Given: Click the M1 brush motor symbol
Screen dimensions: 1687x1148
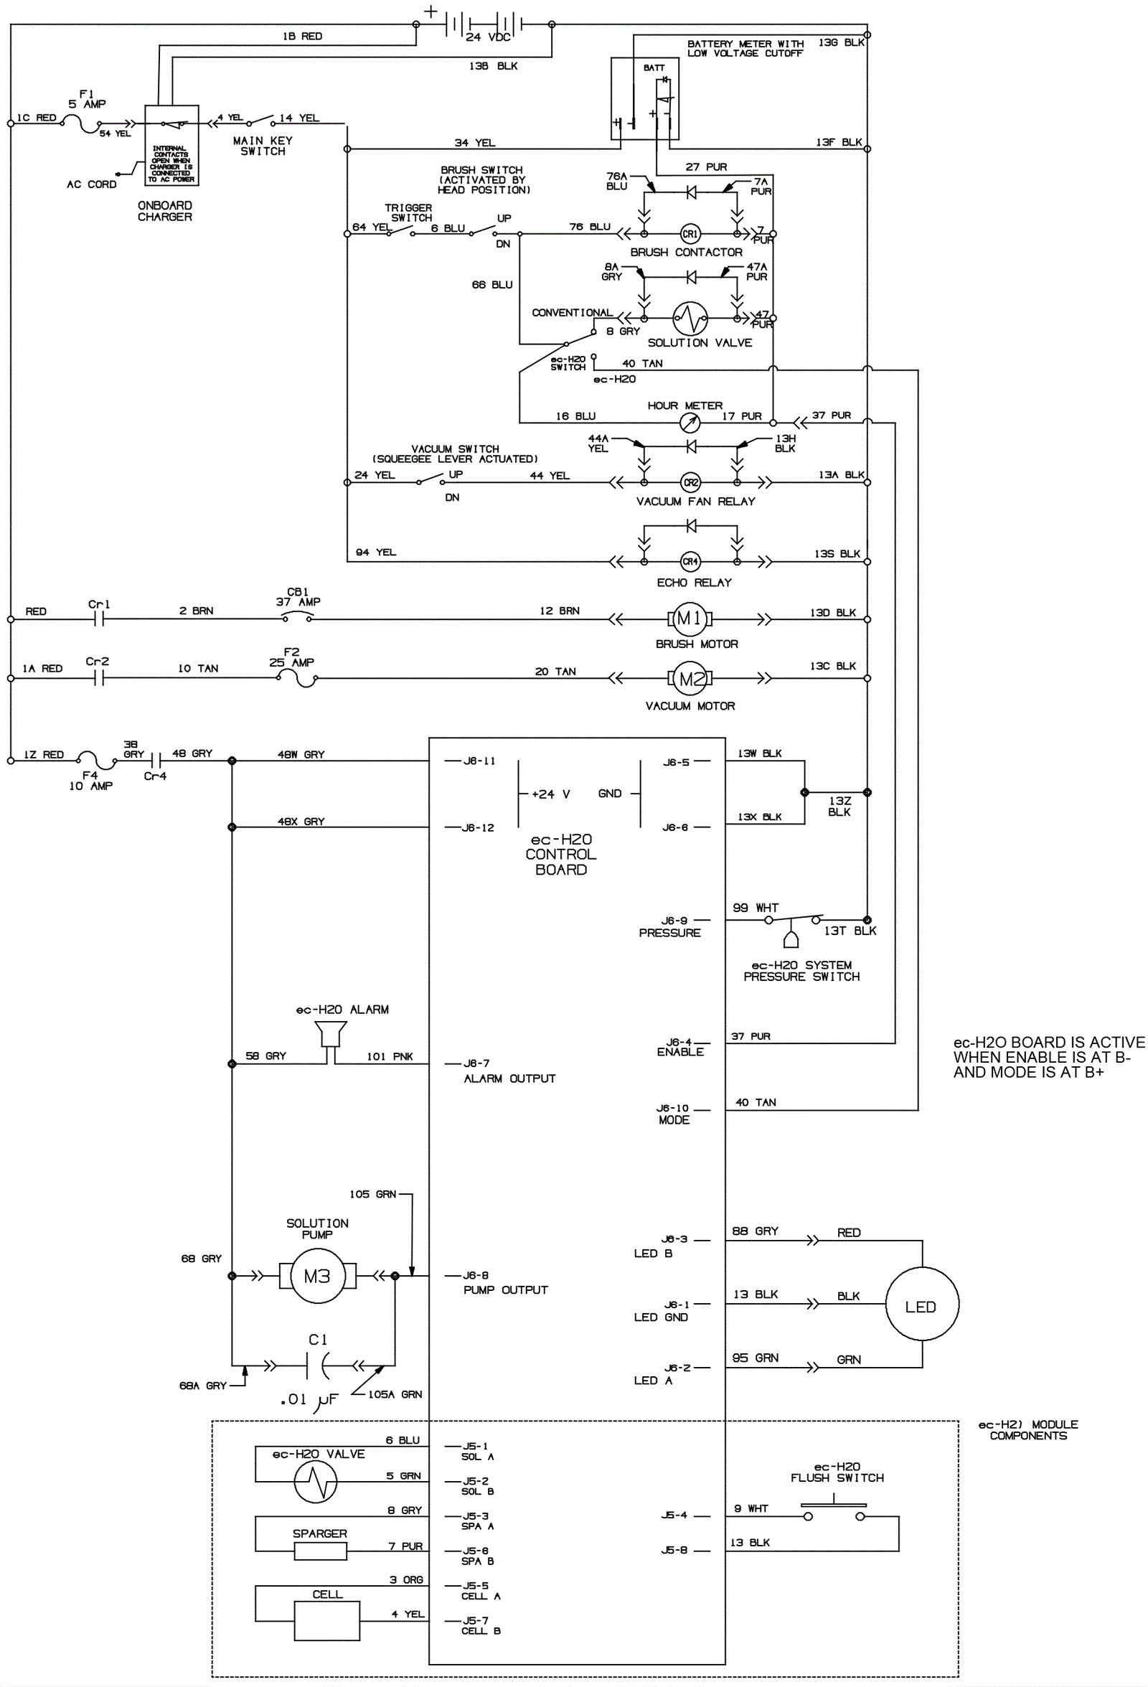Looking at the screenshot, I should click(x=689, y=619).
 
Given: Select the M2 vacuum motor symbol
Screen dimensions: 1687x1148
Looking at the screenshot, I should click(x=690, y=679).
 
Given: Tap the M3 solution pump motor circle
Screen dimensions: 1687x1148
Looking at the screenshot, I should click(x=317, y=1276).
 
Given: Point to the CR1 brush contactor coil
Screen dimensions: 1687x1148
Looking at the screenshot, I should click(x=690, y=234).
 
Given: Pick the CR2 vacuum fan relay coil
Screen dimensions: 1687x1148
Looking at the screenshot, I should click(x=690, y=482).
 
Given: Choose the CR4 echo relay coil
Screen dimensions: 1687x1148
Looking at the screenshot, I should click(x=690, y=561).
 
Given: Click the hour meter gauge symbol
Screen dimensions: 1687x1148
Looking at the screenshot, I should click(x=690, y=423).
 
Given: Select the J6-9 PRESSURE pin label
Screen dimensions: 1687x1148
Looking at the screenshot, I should click(x=671, y=927).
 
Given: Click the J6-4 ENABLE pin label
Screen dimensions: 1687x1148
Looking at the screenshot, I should click(x=680, y=1047).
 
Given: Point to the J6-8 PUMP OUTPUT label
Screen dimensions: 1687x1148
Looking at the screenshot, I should click(x=505, y=1283).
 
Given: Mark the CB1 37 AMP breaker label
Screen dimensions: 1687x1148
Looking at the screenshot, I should click(x=298, y=597).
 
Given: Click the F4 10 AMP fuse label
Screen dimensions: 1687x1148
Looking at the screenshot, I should click(x=90, y=780).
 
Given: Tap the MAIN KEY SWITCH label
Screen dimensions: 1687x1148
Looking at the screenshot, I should click(x=263, y=146).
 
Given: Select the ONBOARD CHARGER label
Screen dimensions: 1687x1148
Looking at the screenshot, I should click(x=165, y=211).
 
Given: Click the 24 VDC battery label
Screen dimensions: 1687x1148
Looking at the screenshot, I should click(x=488, y=37).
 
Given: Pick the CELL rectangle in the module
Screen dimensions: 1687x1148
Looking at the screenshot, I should click(x=326, y=1621).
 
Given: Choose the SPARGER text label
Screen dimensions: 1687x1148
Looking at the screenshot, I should click(x=319, y=1533).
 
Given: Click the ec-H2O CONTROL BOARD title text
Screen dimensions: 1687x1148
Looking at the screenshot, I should click(x=561, y=855).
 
